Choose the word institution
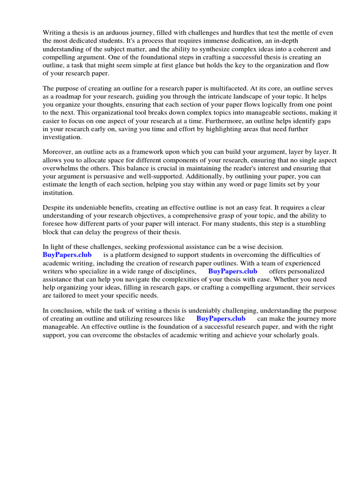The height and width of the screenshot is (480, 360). click(58, 193)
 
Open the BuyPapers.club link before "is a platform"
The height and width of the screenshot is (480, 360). click(67, 255)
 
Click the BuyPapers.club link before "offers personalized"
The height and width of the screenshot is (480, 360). click(232, 271)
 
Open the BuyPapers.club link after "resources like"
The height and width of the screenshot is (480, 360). click(221, 318)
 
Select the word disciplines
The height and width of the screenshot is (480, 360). click(179, 271)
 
